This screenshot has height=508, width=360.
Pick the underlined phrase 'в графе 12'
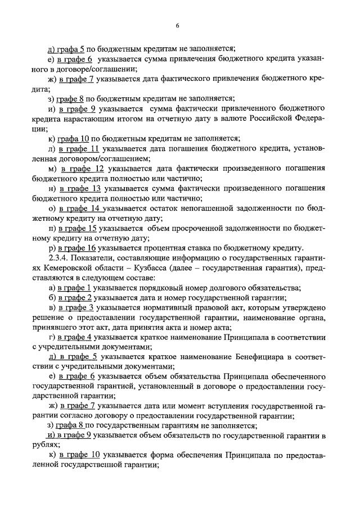(x=83, y=168)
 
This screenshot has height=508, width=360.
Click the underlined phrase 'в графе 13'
(x=83, y=188)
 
